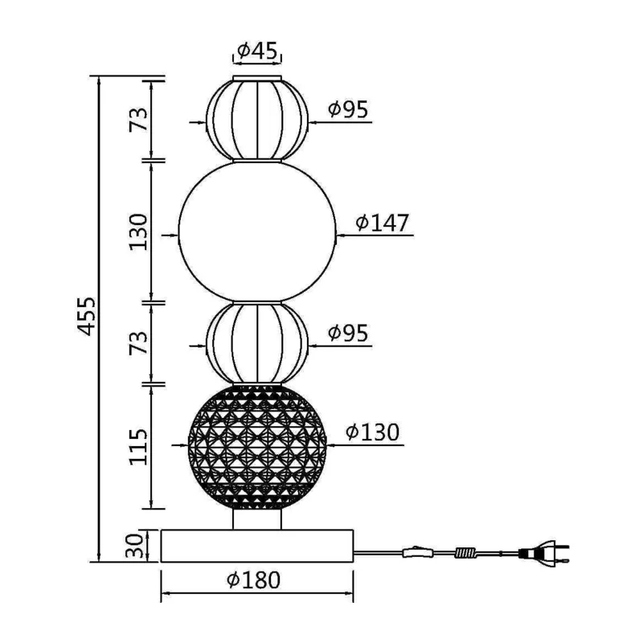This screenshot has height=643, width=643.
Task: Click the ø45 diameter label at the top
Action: pyautogui.click(x=257, y=51)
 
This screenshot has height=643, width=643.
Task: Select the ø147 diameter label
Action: pyautogui.click(x=383, y=223)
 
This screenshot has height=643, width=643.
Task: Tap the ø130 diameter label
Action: pyautogui.click(x=372, y=432)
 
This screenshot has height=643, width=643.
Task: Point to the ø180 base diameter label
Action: pyautogui.click(x=253, y=580)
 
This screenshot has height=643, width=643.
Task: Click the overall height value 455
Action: pyautogui.click(x=87, y=316)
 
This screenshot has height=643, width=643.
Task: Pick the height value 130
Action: pyautogui.click(x=138, y=231)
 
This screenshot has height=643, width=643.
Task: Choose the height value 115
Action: pyautogui.click(x=138, y=447)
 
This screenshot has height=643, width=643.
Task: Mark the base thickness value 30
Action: pyautogui.click(x=135, y=546)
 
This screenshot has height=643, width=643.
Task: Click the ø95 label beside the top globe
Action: pyautogui.click(x=348, y=109)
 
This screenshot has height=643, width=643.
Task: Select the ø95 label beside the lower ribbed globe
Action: pyautogui.click(x=348, y=333)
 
